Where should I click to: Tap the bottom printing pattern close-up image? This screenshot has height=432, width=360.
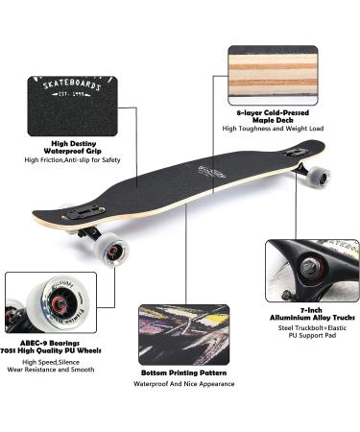pyautogui.click(x=184, y=333)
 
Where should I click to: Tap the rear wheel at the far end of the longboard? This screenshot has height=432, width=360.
pyautogui.click(x=318, y=177)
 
